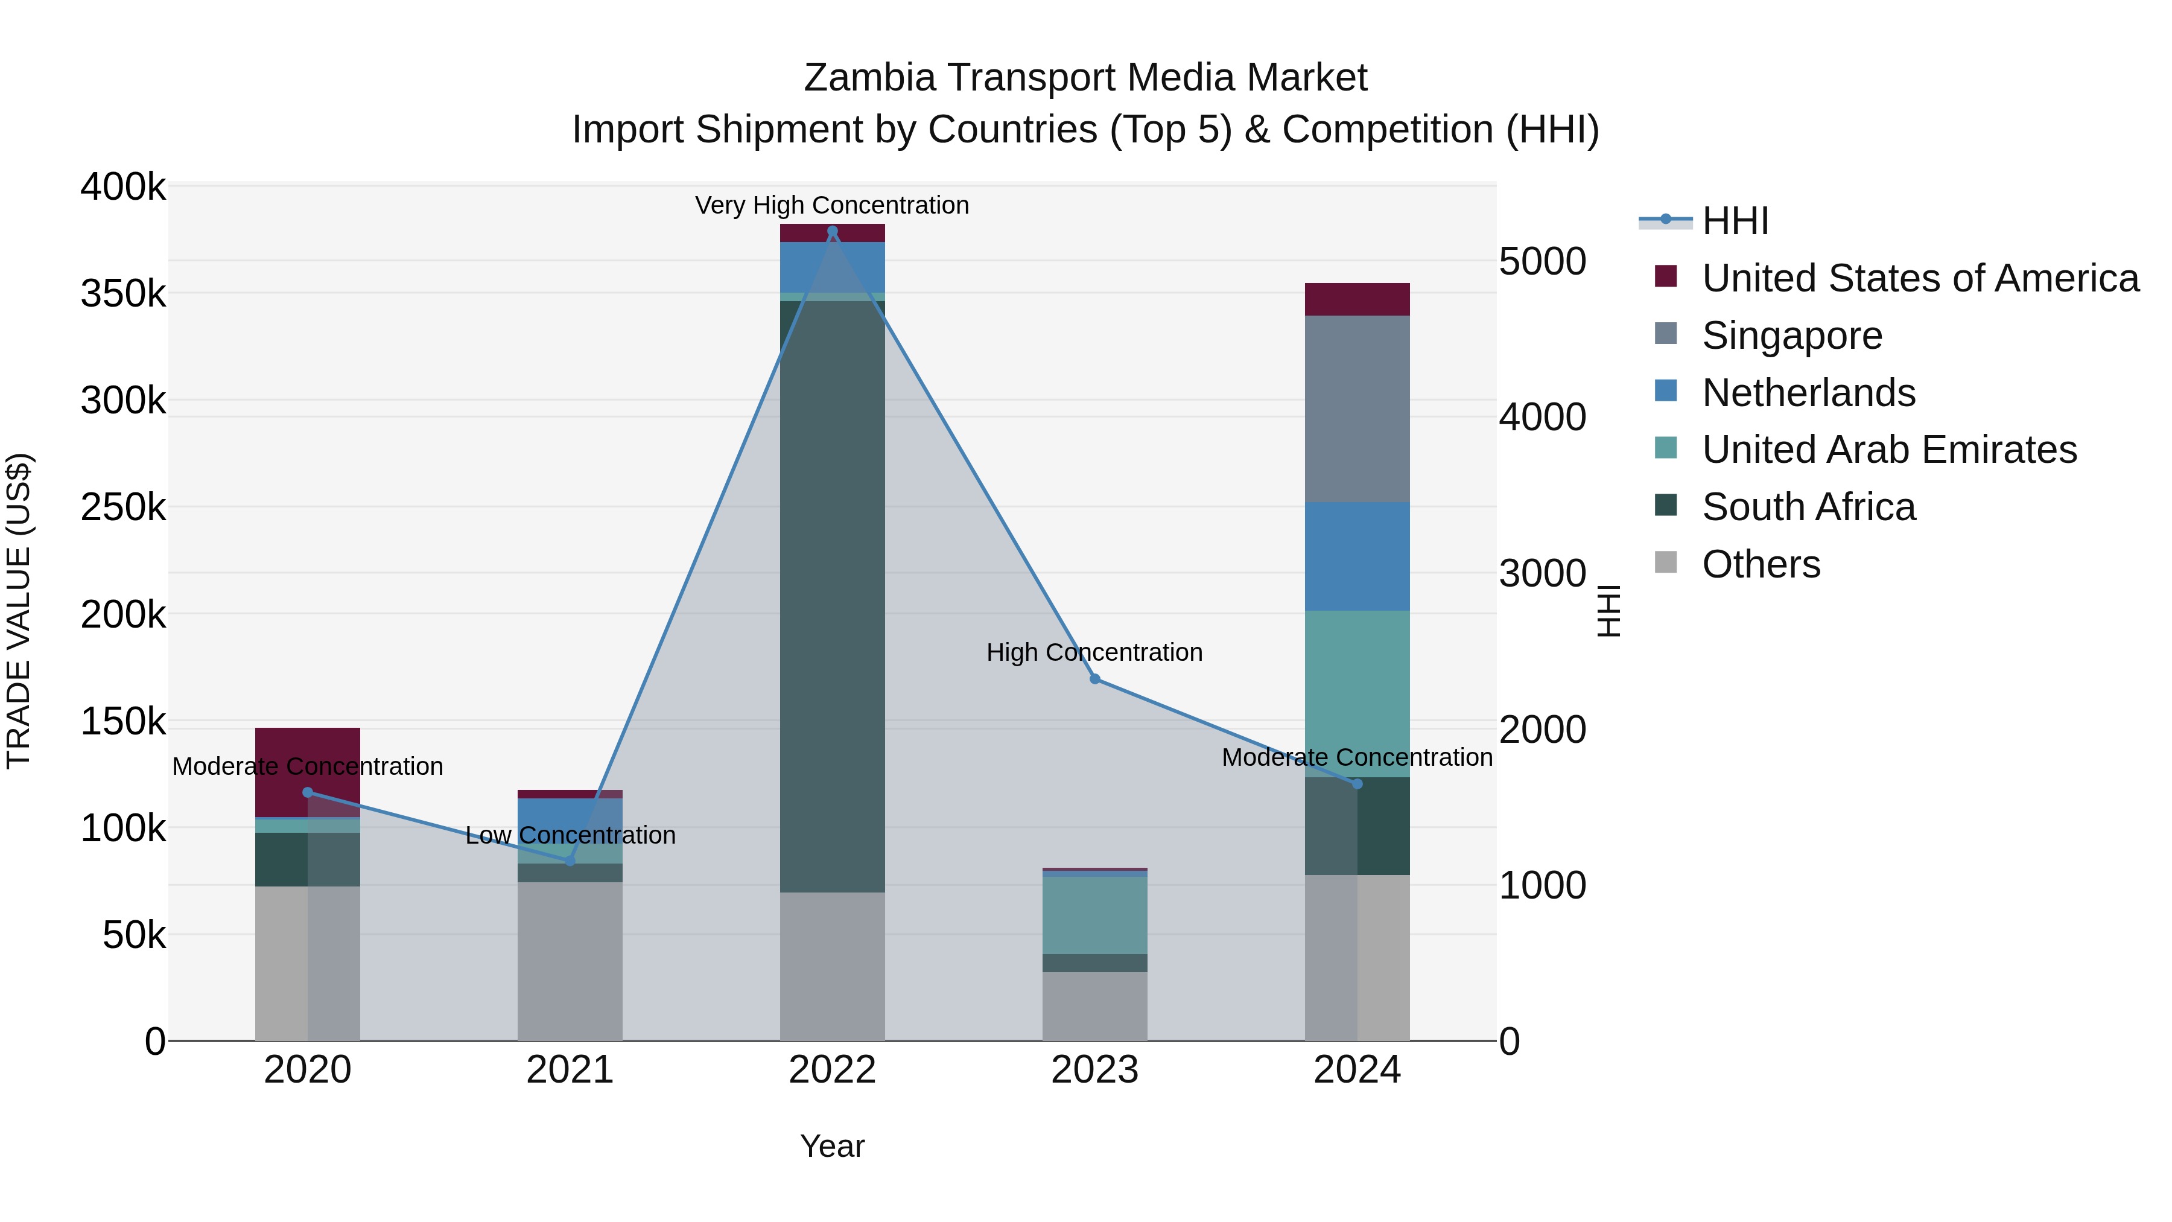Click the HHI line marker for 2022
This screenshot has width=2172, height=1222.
832,231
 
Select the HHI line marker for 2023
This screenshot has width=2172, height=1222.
1094,679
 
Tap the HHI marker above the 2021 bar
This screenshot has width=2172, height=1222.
570,860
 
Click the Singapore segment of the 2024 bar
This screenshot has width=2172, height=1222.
1357,409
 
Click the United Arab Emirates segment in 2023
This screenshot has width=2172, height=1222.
1094,915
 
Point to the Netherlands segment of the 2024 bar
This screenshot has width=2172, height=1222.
1357,556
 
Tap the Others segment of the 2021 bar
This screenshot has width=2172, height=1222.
570,961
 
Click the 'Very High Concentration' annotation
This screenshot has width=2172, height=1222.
832,206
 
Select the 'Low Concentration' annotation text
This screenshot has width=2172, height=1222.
570,836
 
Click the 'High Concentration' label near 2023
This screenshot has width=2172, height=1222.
1094,653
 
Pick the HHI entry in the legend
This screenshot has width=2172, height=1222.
1735,221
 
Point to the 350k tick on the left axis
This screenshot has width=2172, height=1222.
123,295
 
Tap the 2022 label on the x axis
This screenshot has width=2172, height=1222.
832,1070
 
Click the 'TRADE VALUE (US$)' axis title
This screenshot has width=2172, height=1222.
19,611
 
